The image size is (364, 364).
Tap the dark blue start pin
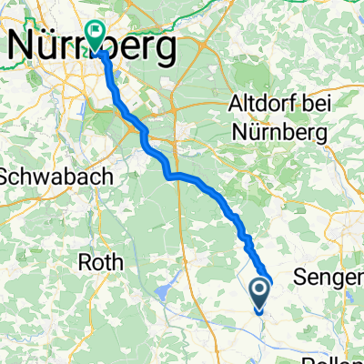pyautogui.click(x=259, y=292)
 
